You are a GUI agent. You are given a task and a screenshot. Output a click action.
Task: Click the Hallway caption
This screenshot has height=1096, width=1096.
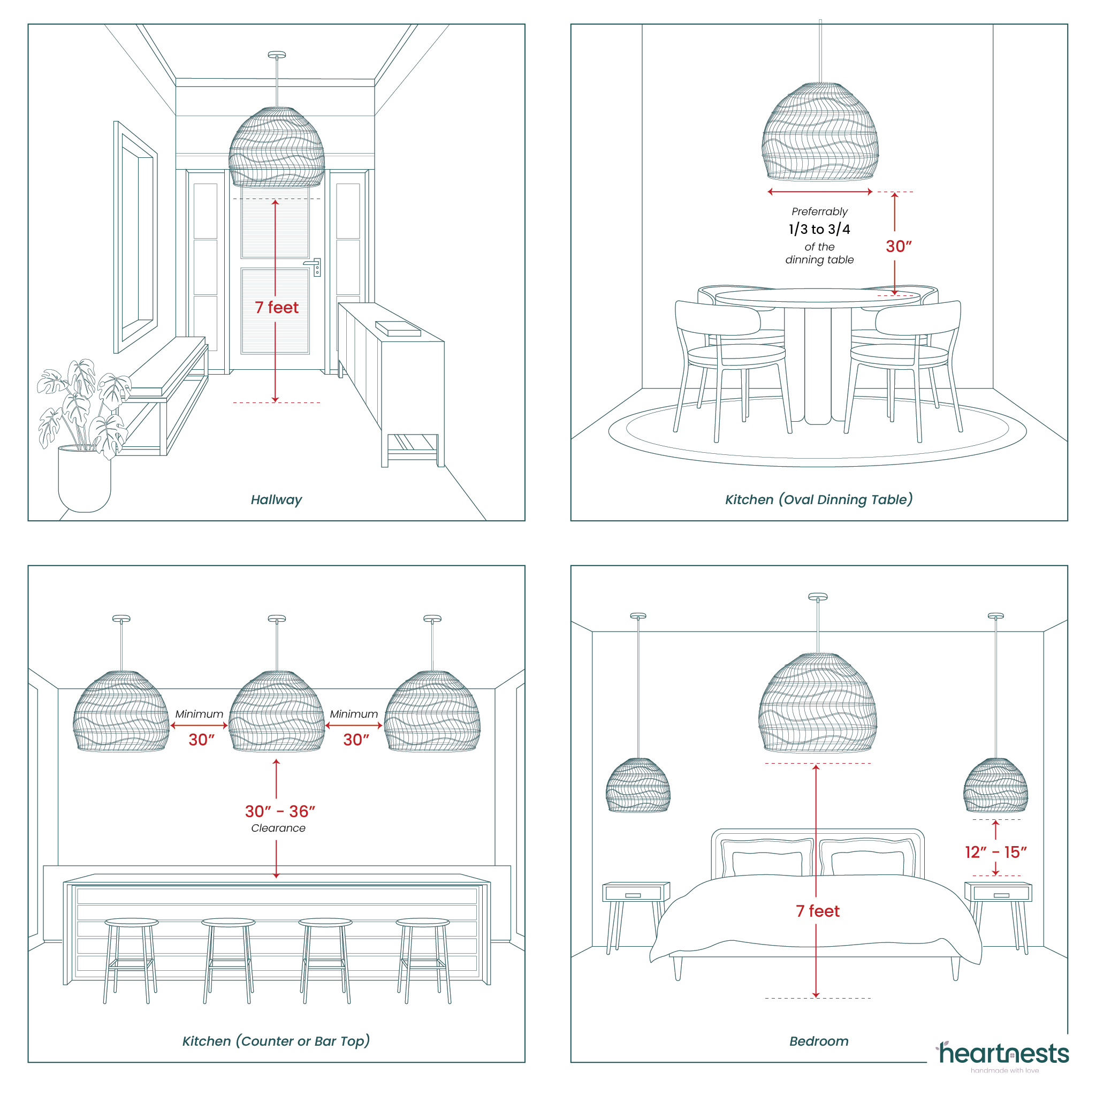pos(276,500)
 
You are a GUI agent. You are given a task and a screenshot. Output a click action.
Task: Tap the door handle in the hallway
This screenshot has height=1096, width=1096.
pos(313,265)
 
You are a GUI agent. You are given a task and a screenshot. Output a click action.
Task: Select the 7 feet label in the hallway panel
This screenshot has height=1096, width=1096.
pos(276,308)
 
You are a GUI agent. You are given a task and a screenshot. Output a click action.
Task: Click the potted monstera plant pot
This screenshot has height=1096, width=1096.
pos(85,479)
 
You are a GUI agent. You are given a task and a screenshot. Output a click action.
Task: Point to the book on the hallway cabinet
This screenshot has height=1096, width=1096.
pos(398,329)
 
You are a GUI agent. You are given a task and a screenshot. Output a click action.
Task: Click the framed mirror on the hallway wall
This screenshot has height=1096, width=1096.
pos(135,237)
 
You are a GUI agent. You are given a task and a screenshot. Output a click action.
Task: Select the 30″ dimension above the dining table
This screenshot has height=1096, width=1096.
pos(899,246)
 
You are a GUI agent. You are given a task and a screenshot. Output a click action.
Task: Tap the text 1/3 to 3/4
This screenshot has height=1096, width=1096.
pos(819,229)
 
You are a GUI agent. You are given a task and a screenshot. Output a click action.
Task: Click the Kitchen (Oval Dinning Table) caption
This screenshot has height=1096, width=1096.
pos(819,500)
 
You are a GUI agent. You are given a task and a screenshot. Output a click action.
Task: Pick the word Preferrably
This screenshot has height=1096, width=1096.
pos(819,211)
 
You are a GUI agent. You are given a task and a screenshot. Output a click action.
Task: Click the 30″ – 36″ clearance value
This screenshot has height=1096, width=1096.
pos(280,811)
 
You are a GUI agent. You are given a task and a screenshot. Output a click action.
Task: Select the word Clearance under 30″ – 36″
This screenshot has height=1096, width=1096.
pos(278,828)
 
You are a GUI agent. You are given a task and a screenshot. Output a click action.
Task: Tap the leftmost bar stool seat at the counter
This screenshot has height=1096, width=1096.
pos(132,922)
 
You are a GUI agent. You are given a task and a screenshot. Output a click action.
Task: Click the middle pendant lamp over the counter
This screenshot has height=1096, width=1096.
pos(277,712)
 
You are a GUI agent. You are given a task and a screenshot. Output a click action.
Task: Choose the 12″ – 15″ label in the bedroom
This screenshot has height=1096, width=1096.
pos(995,852)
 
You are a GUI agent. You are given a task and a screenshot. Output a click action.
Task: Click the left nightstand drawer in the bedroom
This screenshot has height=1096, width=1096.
pos(633,895)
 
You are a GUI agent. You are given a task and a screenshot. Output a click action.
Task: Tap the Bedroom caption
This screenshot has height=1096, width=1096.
pos(819,1041)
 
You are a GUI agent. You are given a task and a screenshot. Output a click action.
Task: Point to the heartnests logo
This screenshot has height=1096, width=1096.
pos(1003,1055)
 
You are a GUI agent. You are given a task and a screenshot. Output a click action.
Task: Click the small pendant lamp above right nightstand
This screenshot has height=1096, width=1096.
pos(995,786)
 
